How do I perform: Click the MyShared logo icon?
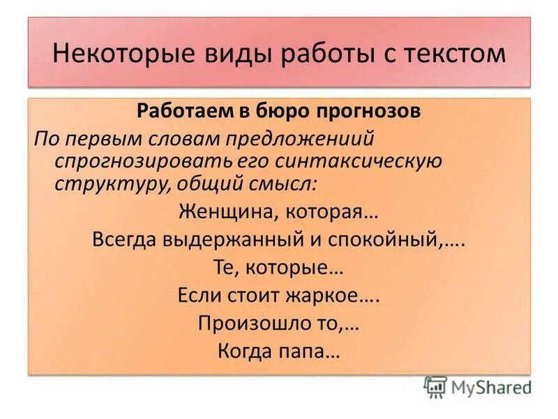(x=435, y=386)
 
